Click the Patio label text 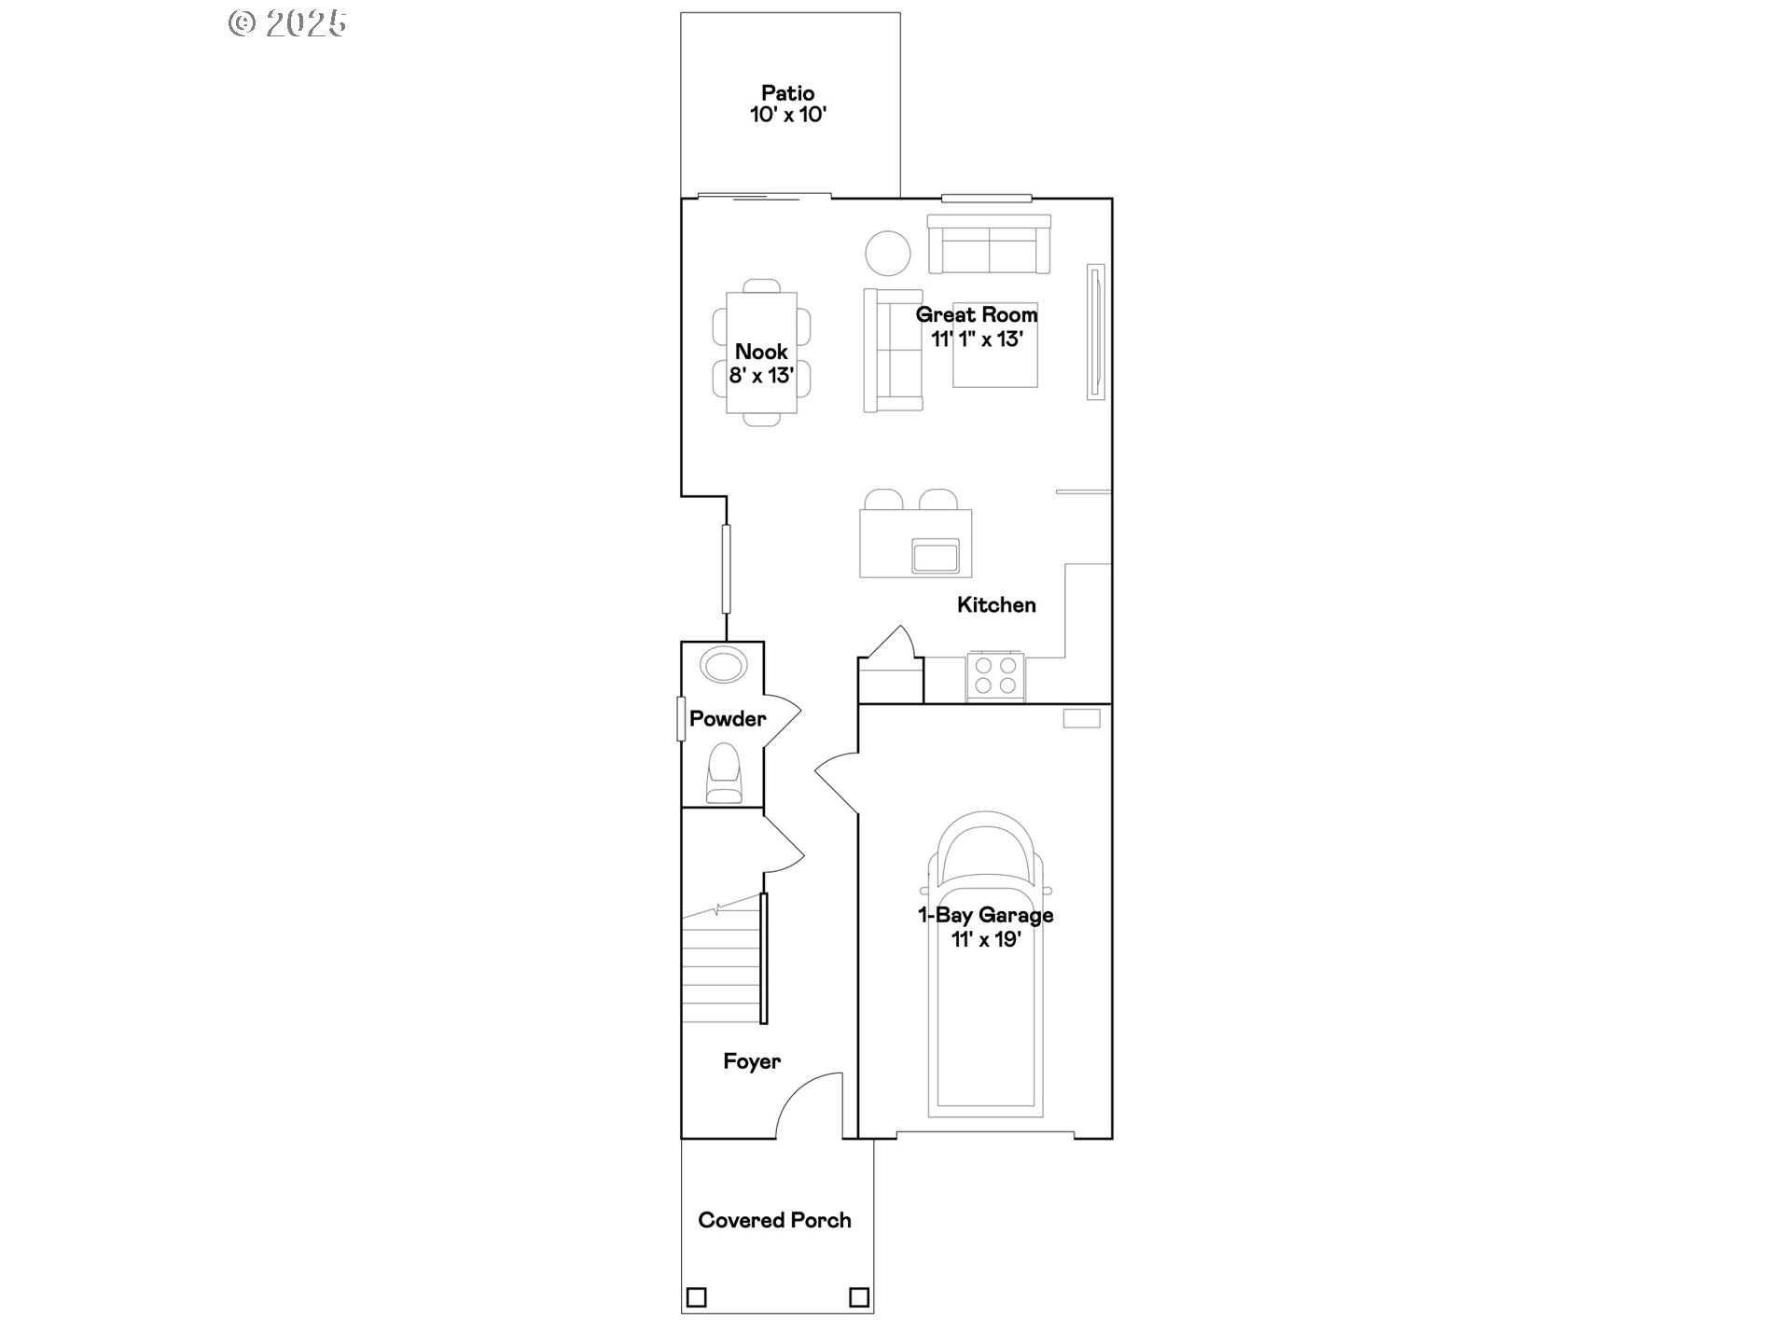point(788,93)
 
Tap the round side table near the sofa point(887,253)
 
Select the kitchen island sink point(936,556)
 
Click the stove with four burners point(995,676)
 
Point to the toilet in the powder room point(724,773)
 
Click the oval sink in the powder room point(724,666)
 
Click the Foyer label point(752,1061)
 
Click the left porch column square point(696,1297)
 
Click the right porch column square point(859,1297)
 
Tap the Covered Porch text point(774,1220)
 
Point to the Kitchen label point(996,605)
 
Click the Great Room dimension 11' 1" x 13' point(977,339)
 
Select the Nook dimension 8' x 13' point(761,376)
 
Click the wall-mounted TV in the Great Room point(1095,332)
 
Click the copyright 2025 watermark point(287,23)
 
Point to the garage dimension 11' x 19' point(985,939)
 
